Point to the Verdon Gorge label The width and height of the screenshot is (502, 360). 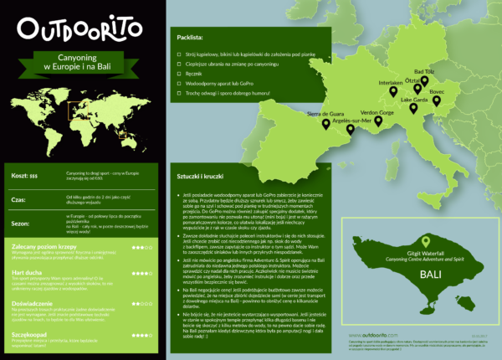tap(376, 111)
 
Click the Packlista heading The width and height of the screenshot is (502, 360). tap(190, 39)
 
